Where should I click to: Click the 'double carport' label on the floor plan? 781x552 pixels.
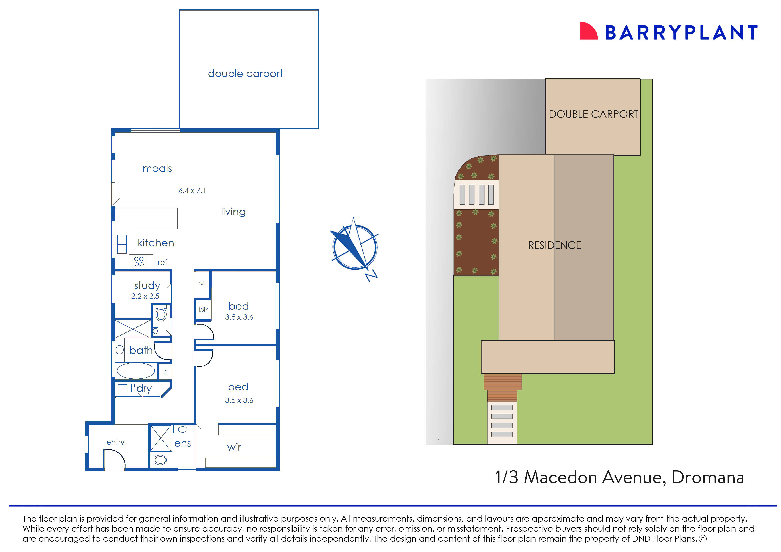click(245, 74)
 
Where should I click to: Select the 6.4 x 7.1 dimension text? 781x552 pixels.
click(192, 191)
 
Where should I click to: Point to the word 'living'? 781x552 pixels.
click(233, 212)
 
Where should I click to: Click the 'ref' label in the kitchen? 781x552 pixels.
click(162, 262)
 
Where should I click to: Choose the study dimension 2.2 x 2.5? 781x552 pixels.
click(145, 296)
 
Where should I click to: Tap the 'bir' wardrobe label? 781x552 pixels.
click(203, 310)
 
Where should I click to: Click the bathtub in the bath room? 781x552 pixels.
click(136, 370)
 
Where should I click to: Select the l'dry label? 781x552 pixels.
click(141, 388)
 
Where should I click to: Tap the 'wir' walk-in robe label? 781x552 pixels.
click(234, 447)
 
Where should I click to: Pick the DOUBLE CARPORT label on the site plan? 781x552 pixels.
click(593, 114)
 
